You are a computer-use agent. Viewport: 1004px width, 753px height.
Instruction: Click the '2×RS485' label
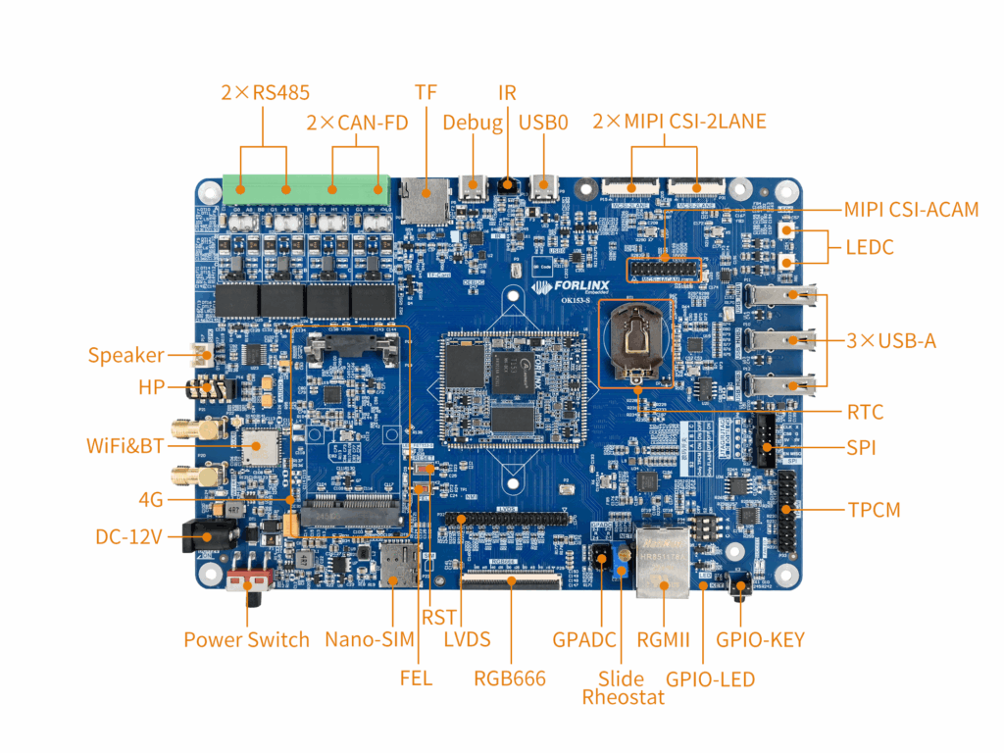tap(265, 93)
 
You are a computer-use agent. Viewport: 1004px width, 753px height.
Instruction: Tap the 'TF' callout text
tap(426, 92)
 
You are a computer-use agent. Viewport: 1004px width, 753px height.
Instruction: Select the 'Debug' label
tap(472, 123)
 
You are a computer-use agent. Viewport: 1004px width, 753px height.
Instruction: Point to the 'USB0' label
tap(543, 123)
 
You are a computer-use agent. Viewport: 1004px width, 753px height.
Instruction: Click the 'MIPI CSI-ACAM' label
tap(911, 210)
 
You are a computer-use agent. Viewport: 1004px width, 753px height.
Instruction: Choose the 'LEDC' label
tap(870, 247)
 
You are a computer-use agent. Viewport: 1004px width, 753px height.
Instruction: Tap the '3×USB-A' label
tap(891, 341)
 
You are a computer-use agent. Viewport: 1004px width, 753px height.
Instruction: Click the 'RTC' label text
tap(866, 411)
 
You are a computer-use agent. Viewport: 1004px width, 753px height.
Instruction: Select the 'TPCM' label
tap(874, 510)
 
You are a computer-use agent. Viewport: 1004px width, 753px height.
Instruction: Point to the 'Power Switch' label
tap(246, 640)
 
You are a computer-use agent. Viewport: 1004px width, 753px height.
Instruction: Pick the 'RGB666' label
tap(509, 678)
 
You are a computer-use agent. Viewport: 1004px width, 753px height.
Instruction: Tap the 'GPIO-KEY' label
tap(760, 640)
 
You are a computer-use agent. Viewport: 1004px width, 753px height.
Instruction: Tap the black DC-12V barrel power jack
tap(209, 538)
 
